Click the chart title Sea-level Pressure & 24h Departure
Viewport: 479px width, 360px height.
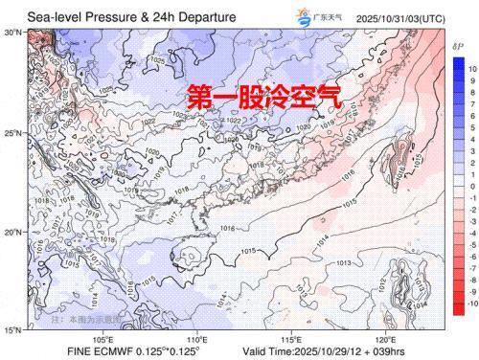click(131, 16)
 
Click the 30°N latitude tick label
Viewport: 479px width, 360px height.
click(13, 33)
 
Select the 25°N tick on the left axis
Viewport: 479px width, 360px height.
click(13, 132)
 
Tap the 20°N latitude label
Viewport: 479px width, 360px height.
click(13, 233)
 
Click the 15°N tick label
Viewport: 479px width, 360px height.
click(13, 331)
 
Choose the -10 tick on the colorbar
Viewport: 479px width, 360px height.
click(471, 304)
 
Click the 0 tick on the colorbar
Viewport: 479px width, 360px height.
click(471, 187)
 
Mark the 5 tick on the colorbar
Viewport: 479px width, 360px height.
click(471, 128)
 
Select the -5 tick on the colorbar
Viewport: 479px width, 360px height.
click(471, 245)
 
